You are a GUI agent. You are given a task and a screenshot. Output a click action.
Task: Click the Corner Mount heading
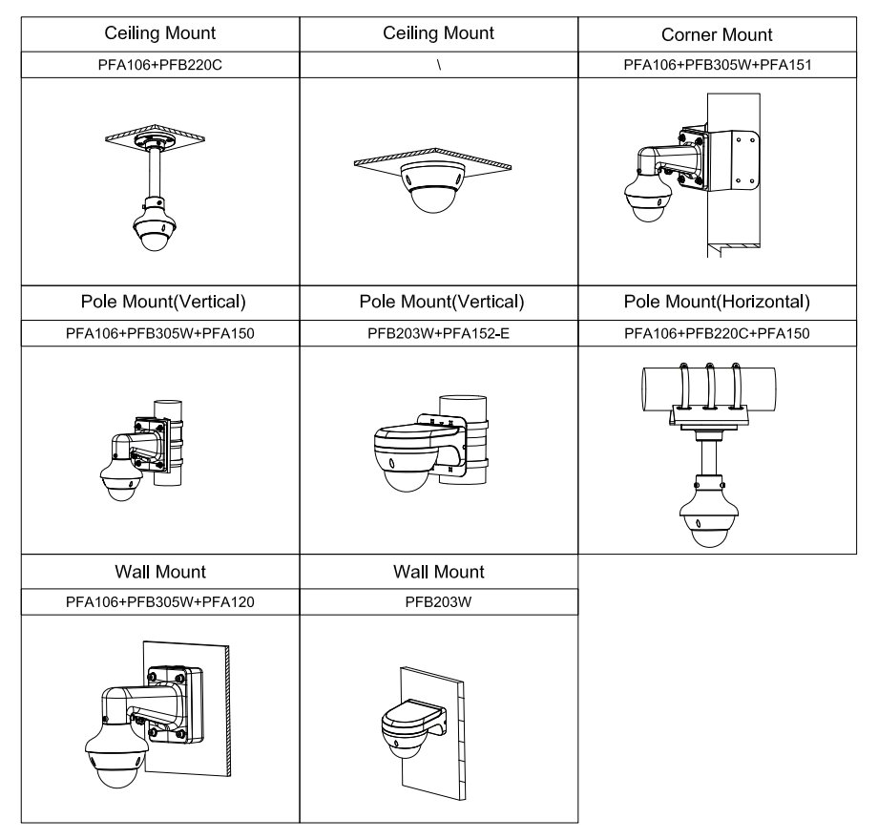pyautogui.click(x=717, y=34)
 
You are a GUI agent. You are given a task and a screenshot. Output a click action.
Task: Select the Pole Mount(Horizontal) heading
pyautogui.click(x=717, y=303)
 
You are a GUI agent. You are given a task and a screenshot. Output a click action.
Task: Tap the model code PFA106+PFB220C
pyautogui.click(x=159, y=65)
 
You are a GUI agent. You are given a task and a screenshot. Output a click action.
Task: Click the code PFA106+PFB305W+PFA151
pyautogui.click(x=717, y=65)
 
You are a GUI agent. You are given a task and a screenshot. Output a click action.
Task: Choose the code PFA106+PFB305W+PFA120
pyautogui.click(x=159, y=601)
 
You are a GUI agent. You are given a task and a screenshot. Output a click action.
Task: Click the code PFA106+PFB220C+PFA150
pyautogui.click(x=717, y=332)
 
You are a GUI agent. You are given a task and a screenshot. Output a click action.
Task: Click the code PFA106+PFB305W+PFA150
pyautogui.click(x=159, y=332)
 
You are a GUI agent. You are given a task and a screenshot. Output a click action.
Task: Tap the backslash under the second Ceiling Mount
pyautogui.click(x=438, y=65)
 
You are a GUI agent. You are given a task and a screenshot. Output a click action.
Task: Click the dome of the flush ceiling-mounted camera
pyautogui.click(x=430, y=195)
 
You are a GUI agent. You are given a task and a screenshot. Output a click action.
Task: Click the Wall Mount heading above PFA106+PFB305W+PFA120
pyautogui.click(x=159, y=572)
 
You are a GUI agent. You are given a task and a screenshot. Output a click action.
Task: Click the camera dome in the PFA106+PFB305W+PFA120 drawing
pyautogui.click(x=113, y=770)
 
